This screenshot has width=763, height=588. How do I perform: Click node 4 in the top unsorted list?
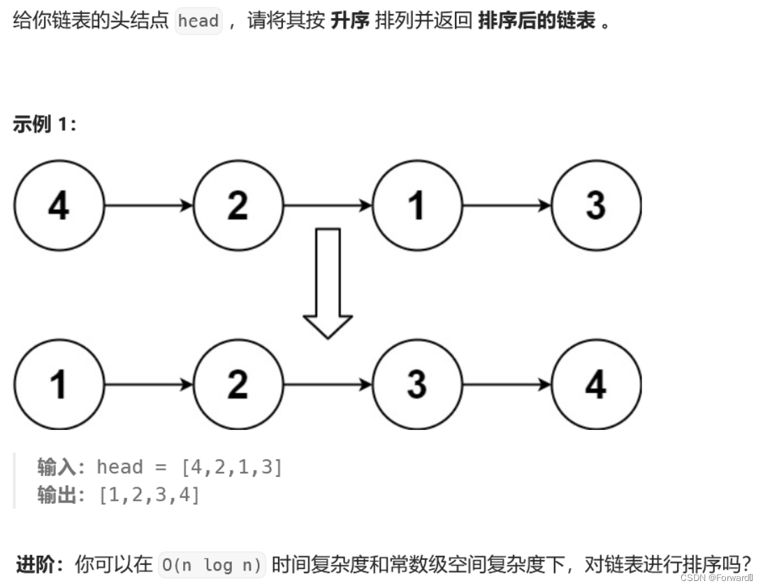click(59, 206)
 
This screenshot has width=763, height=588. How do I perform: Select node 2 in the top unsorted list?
click(238, 206)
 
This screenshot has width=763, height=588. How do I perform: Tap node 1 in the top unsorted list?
click(417, 206)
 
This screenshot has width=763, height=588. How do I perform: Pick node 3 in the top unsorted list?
click(596, 206)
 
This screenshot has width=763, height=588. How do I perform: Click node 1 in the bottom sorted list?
click(59, 385)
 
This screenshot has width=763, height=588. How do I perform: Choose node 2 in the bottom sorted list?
click(238, 385)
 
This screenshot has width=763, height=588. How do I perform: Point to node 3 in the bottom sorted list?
click(417, 385)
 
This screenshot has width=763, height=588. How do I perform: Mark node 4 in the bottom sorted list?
click(596, 385)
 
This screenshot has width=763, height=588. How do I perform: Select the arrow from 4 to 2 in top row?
click(148, 206)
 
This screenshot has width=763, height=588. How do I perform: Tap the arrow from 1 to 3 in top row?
click(507, 206)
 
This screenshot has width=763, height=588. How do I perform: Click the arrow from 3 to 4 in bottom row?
click(507, 385)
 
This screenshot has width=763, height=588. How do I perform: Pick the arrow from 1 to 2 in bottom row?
click(148, 385)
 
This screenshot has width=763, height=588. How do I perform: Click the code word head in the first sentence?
click(198, 21)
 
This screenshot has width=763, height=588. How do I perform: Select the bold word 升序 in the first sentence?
click(350, 21)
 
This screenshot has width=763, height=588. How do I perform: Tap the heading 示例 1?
click(45, 125)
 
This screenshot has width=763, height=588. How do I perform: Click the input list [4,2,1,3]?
click(231, 467)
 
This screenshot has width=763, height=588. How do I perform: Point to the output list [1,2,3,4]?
click(149, 495)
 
